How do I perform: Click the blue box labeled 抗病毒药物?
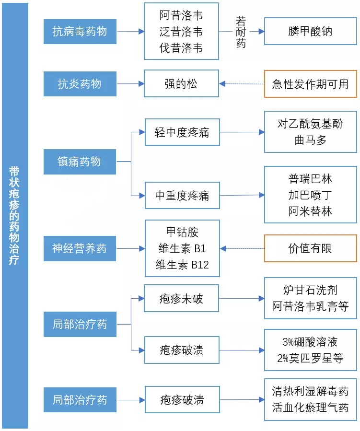click(80, 32)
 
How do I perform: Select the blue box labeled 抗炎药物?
click(80, 84)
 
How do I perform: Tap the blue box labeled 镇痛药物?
click(80, 162)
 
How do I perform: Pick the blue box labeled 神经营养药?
click(80, 248)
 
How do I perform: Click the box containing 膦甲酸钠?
click(311, 32)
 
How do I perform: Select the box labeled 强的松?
click(181, 84)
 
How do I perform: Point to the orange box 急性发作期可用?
click(311, 84)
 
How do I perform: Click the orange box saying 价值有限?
click(311, 248)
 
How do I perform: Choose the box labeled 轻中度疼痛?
click(182, 132)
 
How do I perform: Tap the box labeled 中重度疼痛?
click(182, 196)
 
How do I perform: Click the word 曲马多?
click(311, 140)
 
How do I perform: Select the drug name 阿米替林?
click(311, 211)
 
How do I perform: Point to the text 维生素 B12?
click(182, 265)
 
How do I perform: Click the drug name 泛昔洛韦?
click(181, 32)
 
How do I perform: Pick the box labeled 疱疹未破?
click(181, 299)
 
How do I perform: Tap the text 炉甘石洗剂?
click(311, 290)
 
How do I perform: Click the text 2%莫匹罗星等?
click(311, 358)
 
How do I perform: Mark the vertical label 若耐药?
click(241, 32)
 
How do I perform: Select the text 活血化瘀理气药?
click(311, 408)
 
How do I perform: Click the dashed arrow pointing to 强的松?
click(242, 84)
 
